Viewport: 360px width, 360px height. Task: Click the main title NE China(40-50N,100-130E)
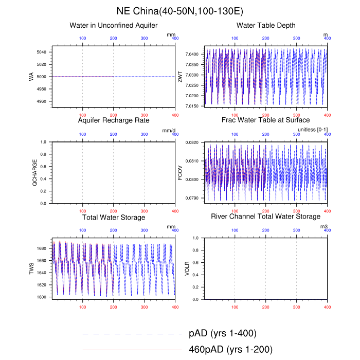179,11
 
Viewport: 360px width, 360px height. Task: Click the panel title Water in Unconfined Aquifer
113,26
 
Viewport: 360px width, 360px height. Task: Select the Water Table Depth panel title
265,26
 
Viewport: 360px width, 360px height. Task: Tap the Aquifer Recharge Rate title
113,120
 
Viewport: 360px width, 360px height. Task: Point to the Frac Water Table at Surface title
265,120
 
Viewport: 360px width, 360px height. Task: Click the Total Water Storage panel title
113,217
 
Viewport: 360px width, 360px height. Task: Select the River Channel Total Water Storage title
265,217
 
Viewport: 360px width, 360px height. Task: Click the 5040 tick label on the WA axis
43,52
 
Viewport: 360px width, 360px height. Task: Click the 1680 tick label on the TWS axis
43,248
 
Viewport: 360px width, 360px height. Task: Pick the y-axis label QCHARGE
34,173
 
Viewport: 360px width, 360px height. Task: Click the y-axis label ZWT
187,77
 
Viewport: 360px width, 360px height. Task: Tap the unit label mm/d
169,131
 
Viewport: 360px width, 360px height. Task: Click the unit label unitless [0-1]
313,130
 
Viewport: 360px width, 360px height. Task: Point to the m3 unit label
323,226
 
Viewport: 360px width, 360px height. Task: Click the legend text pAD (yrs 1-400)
223,333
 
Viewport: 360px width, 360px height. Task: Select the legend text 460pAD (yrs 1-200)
230,350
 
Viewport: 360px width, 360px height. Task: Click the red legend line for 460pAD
132,350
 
